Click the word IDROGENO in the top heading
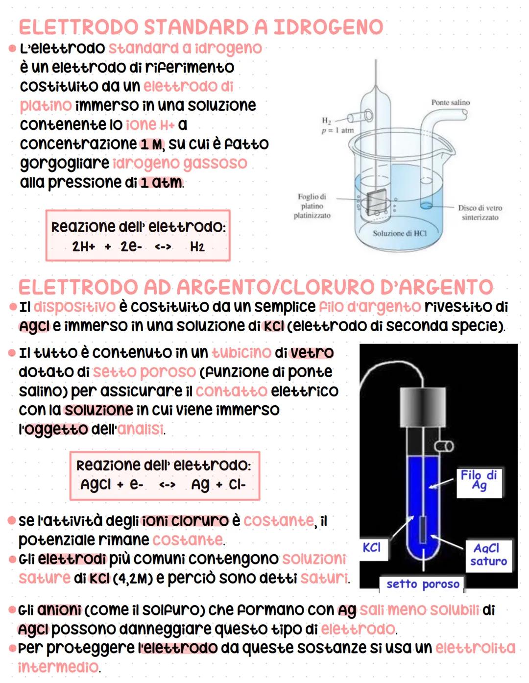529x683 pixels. [328, 27]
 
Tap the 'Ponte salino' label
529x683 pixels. [450, 102]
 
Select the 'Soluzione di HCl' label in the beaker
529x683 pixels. [399, 233]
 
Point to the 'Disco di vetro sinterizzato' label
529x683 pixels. [480, 213]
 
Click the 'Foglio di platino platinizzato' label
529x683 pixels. [312, 206]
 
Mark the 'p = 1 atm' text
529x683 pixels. [337, 130]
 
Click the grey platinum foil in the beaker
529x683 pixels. [376, 201]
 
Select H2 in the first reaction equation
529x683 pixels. [197, 246]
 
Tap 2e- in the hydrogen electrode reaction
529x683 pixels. [131, 246]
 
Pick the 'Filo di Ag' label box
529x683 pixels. [479, 480]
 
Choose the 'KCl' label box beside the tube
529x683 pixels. [372, 547]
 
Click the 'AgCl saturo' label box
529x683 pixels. [488, 555]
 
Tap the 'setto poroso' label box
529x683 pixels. [423, 584]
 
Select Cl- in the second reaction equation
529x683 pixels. [237, 485]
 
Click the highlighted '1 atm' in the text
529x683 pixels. [161, 183]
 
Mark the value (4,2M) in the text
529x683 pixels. [133, 579]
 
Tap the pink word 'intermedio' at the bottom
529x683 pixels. [58, 667]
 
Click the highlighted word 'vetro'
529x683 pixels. [312, 353]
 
